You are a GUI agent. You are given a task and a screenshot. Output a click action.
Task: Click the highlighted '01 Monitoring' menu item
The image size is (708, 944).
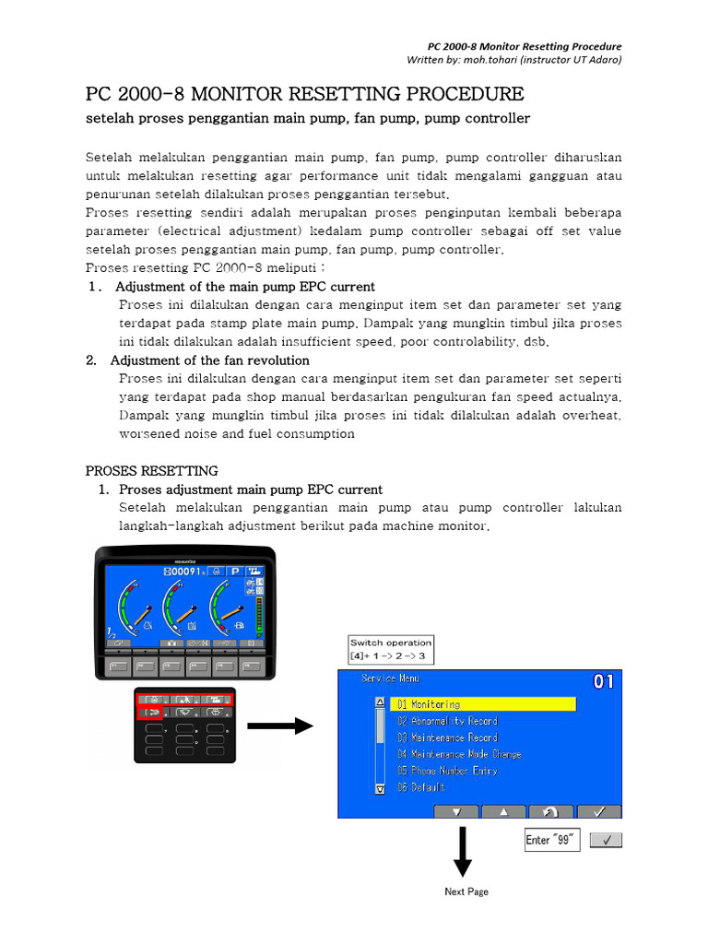(484, 704)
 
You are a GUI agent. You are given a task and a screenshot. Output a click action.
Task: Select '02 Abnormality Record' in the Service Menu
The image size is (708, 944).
(447, 721)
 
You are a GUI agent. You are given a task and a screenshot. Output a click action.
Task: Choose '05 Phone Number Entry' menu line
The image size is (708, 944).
(447, 771)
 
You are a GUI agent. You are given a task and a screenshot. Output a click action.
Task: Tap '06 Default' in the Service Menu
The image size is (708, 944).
(421, 787)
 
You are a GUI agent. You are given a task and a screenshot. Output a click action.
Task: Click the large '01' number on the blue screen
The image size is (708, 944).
(603, 683)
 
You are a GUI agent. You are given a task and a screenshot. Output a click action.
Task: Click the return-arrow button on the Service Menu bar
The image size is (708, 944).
(550, 811)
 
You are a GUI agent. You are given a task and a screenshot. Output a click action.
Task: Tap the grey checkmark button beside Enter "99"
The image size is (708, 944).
(605, 840)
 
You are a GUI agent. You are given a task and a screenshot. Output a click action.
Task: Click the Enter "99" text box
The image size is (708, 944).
(551, 840)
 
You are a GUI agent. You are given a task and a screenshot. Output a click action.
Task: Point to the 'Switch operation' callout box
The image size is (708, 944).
(390, 649)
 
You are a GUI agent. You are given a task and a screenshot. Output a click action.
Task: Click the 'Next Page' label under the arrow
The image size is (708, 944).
(466, 891)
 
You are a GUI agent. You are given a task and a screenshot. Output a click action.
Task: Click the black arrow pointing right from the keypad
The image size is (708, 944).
(280, 726)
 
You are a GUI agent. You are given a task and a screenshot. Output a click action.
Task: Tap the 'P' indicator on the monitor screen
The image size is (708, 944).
(222, 572)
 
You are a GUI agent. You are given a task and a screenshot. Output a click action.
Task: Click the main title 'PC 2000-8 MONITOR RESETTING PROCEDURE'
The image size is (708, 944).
(304, 95)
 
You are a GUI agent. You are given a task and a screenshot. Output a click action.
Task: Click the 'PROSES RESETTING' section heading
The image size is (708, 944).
(152, 471)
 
